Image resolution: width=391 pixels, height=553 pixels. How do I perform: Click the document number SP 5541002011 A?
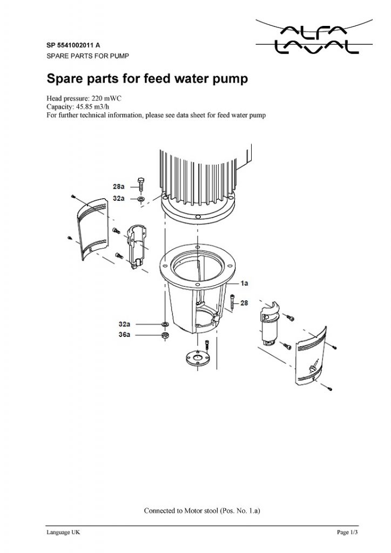(x=73, y=45)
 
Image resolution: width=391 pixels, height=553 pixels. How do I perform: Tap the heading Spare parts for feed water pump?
(x=147, y=78)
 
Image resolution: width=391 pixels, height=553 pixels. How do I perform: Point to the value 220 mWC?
(x=106, y=98)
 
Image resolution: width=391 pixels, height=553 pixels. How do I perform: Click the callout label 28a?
(x=118, y=186)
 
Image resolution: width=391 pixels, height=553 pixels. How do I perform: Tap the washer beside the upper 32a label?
(x=141, y=199)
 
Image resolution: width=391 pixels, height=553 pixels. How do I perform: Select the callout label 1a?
(x=244, y=283)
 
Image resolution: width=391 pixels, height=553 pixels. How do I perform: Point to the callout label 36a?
(x=124, y=334)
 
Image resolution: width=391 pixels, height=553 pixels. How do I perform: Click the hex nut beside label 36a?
(x=164, y=335)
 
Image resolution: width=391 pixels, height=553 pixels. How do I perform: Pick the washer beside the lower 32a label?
(x=164, y=324)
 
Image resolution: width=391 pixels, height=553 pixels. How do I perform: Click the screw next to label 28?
(x=233, y=302)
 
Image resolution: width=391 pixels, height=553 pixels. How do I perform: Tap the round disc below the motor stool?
(x=198, y=359)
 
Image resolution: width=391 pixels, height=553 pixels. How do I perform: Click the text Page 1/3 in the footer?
(x=347, y=532)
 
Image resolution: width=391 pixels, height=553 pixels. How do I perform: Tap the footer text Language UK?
(x=63, y=532)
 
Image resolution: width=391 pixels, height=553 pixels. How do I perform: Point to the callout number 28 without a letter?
(x=244, y=303)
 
